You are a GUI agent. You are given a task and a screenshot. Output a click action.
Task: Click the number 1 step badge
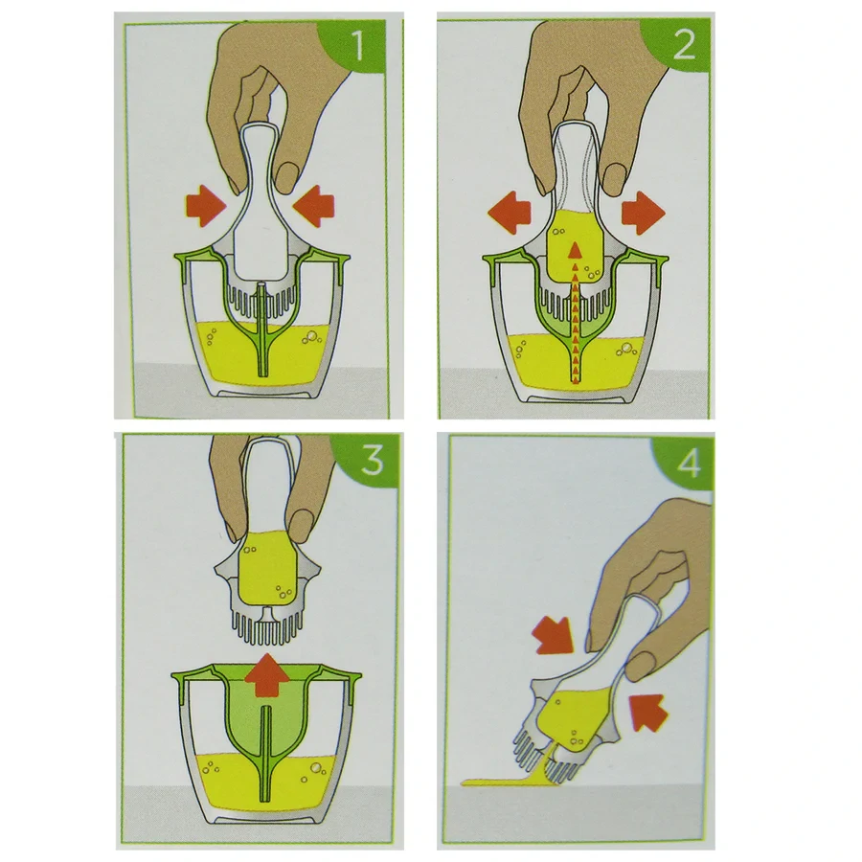(x=359, y=45)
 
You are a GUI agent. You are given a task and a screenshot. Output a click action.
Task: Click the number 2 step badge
(x=683, y=45)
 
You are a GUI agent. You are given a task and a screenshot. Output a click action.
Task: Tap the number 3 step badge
(x=371, y=462)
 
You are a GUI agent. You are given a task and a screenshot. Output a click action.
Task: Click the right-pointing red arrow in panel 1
(x=204, y=203)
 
